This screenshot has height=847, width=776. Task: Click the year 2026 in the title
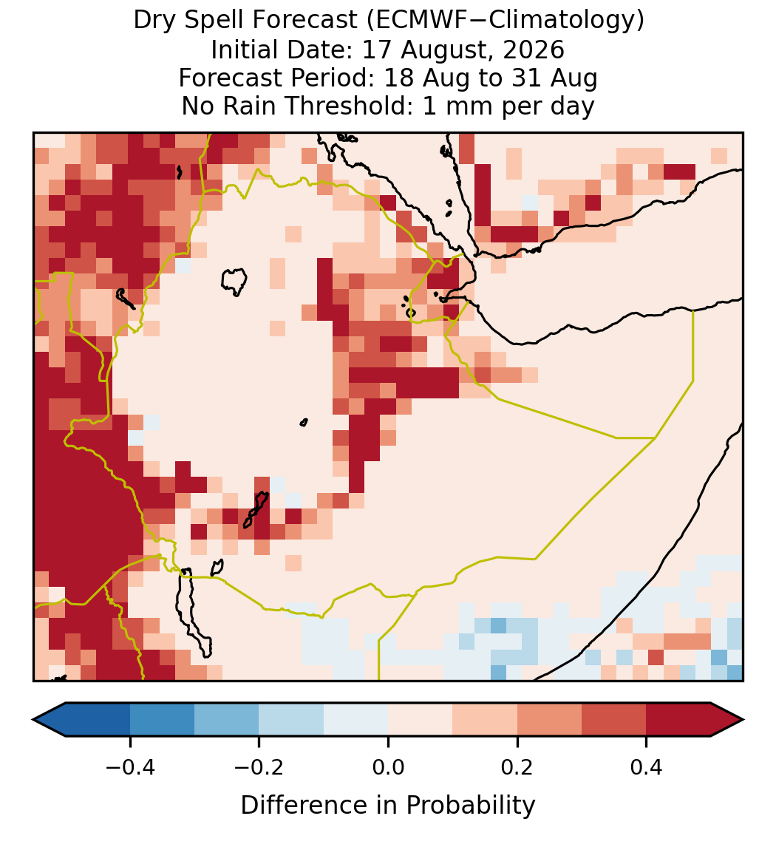click(534, 50)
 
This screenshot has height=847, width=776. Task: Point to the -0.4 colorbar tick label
click(130, 767)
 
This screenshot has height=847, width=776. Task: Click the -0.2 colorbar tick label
click(259, 767)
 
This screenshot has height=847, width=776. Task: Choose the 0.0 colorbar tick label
click(388, 767)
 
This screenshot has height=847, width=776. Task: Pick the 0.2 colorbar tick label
click(517, 767)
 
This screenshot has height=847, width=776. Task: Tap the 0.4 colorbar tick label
click(647, 767)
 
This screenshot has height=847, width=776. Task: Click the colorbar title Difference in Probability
click(388, 806)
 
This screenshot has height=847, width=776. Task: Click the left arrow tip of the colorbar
click(33, 720)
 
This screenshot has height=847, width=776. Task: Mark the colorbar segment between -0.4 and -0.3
click(162, 720)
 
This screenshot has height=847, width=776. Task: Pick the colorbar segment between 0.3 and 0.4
click(614, 720)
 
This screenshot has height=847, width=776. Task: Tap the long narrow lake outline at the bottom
click(194, 611)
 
